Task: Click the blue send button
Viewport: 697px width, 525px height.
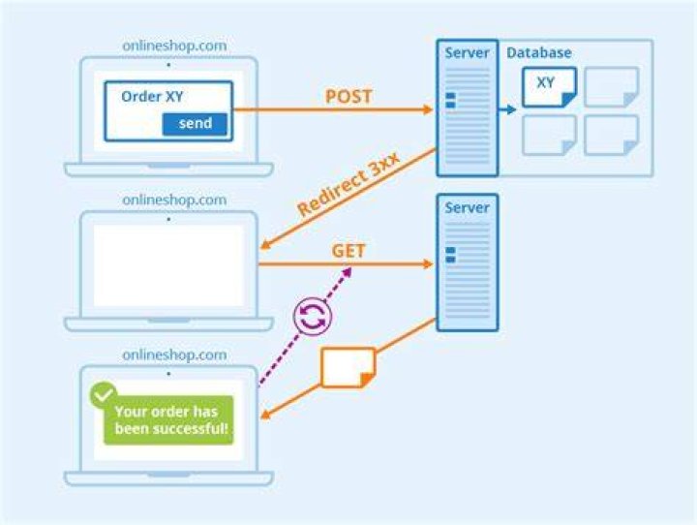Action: [195, 124]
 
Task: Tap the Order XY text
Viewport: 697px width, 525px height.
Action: [152, 97]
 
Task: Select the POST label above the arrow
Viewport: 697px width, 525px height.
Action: [348, 97]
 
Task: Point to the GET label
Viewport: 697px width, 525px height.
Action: [348, 251]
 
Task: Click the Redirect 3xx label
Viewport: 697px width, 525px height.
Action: [348, 184]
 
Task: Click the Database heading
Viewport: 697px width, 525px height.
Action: [539, 52]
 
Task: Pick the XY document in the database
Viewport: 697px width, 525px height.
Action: [550, 87]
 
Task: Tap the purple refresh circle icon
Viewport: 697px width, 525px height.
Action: [313, 317]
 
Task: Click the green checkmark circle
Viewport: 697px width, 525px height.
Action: [104, 394]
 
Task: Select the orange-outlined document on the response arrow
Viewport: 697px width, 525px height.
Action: [348, 367]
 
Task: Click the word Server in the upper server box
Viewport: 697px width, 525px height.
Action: [467, 52]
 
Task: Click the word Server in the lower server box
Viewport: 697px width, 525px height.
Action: [467, 207]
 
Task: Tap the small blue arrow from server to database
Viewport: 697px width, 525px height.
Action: [506, 109]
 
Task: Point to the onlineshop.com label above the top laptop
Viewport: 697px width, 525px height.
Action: [174, 46]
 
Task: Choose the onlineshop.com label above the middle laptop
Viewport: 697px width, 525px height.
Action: [174, 200]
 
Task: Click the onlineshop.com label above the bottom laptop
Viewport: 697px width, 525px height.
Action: [174, 355]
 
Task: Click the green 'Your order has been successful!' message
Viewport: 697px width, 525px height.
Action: [168, 420]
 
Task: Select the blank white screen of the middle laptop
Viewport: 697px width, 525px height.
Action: [168, 265]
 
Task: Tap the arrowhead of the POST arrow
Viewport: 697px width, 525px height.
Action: [428, 109]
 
